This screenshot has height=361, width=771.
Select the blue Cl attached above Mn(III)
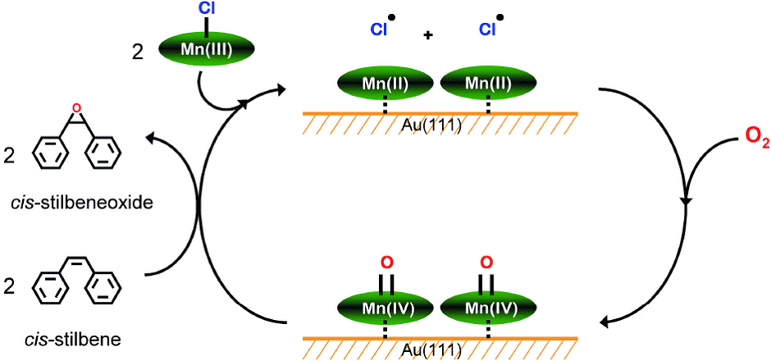205,10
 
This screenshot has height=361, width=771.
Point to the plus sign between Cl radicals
427,35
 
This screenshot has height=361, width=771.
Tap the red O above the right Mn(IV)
486,263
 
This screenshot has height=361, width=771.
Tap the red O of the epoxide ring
77,107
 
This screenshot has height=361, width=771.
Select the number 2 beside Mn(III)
137,50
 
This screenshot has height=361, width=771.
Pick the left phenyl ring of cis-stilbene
50,289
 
